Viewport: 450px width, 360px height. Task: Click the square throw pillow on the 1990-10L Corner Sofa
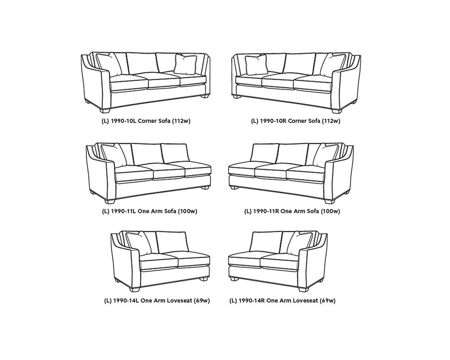pyautogui.click(x=185, y=64)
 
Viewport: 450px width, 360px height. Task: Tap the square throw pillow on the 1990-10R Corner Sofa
pyautogui.click(x=256, y=65)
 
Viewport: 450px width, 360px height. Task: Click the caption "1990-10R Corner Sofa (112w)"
pyautogui.click(x=300, y=121)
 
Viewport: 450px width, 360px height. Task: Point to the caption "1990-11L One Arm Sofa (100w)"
pyautogui.click(x=154, y=211)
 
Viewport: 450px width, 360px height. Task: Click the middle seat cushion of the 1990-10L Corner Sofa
pyautogui.click(x=164, y=81)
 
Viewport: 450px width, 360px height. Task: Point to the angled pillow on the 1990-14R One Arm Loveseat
pyautogui.click(x=300, y=243)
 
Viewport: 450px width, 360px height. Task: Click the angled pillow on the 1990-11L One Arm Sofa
pyautogui.click(x=114, y=155)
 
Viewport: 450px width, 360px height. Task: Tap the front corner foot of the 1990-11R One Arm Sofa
pyautogui.click(x=330, y=201)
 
